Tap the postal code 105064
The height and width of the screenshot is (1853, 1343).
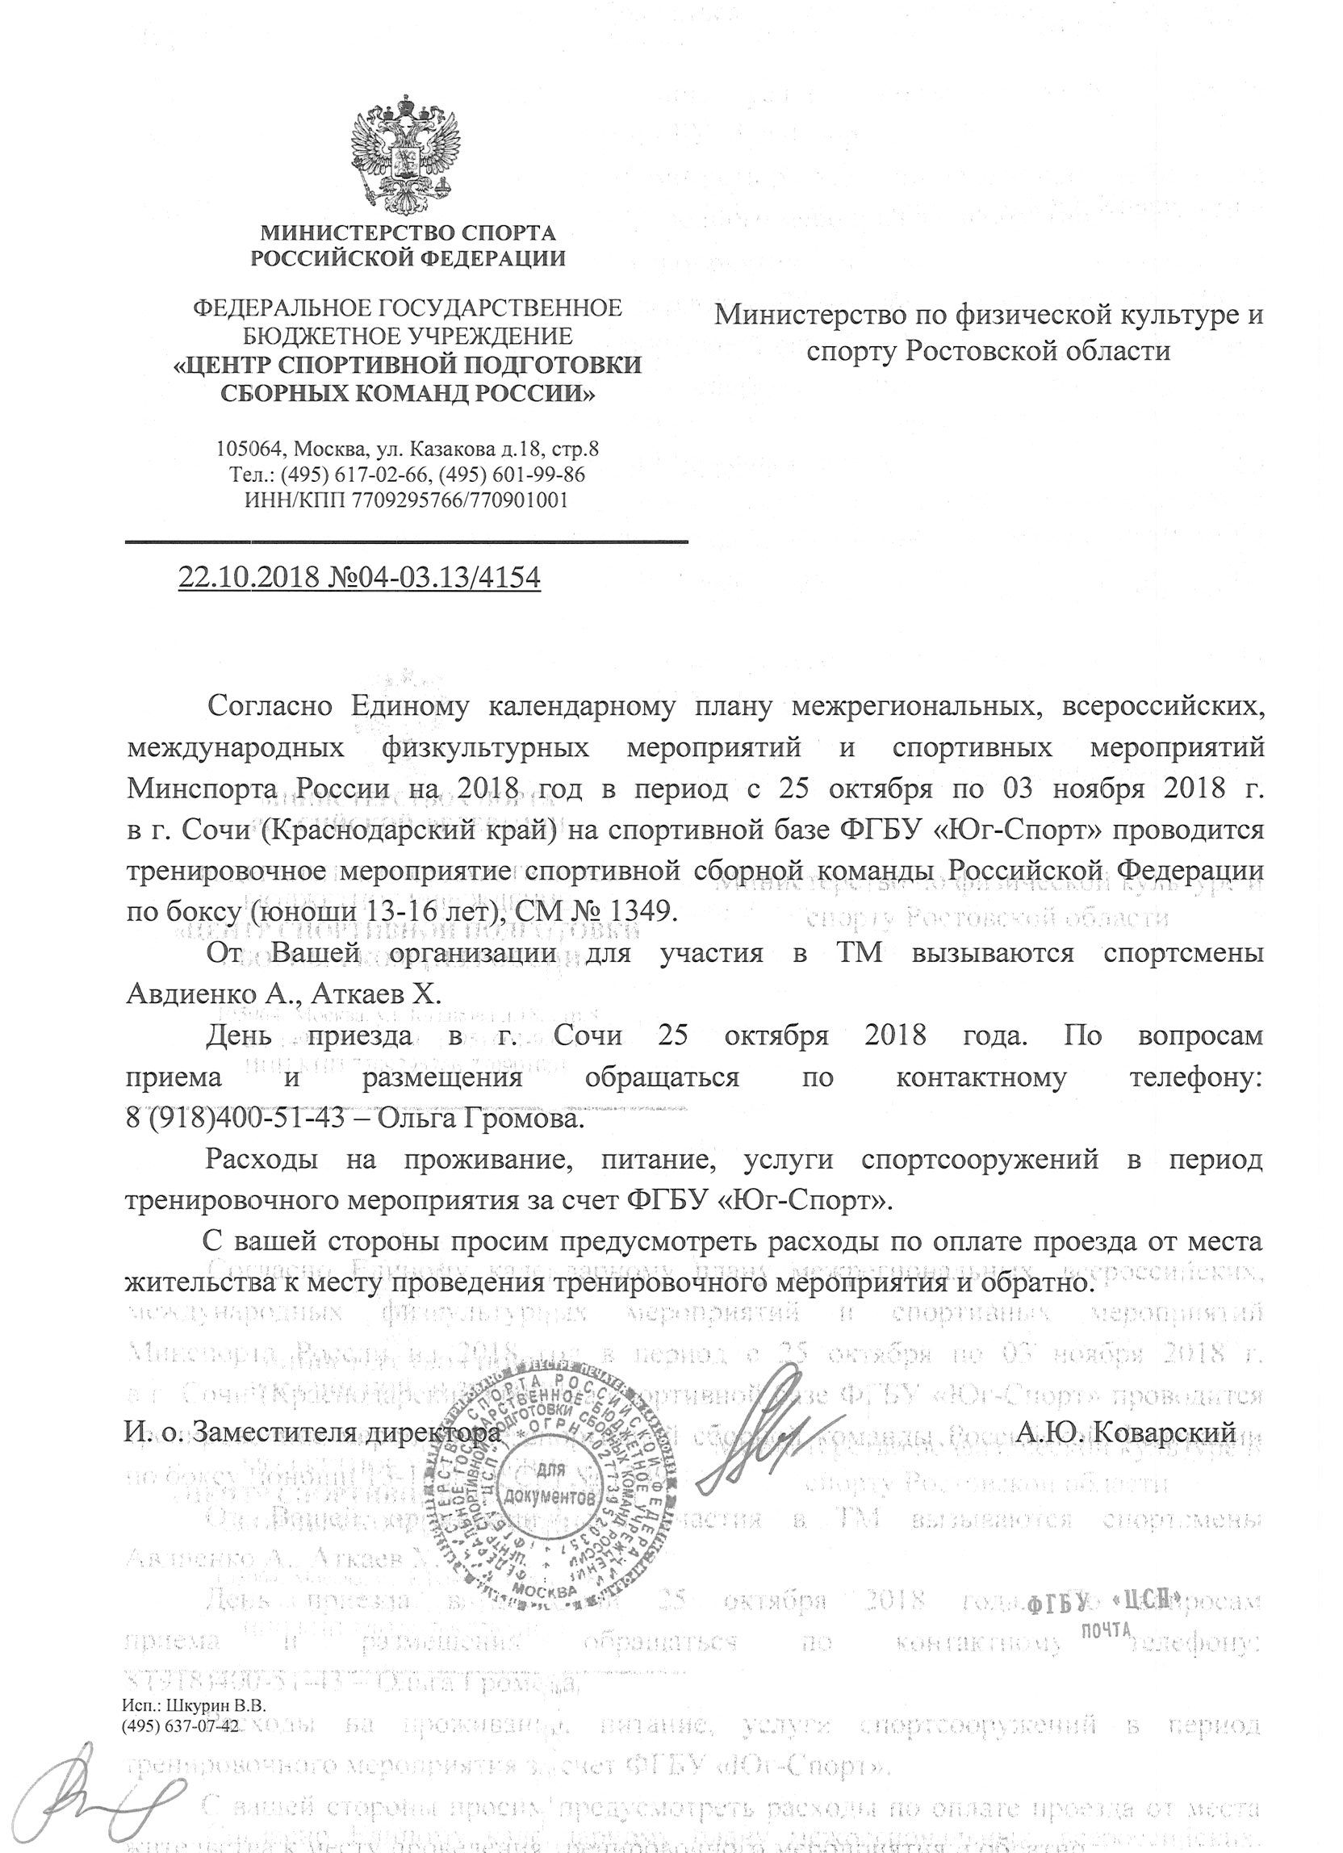[x=249, y=449]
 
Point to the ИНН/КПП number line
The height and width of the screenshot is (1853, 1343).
[x=406, y=500]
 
